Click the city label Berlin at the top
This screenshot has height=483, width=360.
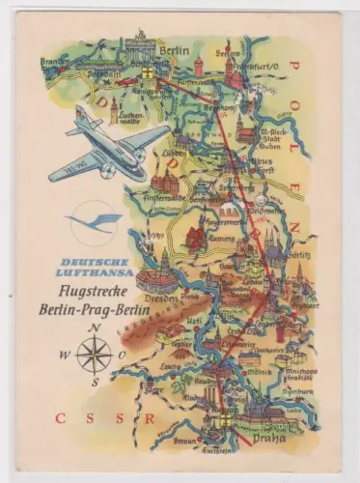pyautogui.click(x=175, y=47)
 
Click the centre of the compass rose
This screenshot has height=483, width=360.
pyautogui.click(x=94, y=355)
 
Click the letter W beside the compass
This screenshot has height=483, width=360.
pyautogui.click(x=65, y=355)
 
